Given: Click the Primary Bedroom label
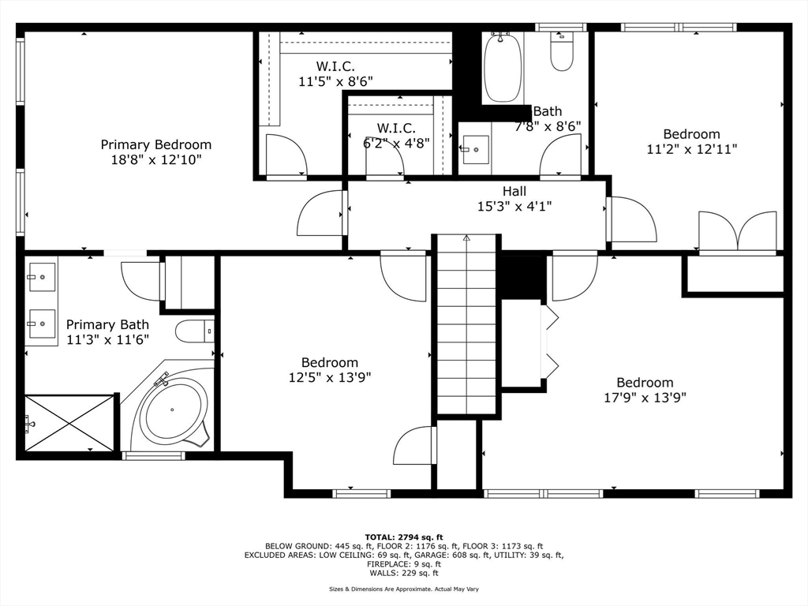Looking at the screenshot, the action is (x=155, y=145).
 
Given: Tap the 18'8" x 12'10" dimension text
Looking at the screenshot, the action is (x=155, y=159).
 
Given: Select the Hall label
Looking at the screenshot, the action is (x=514, y=191).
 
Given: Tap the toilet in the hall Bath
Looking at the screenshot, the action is (x=561, y=50).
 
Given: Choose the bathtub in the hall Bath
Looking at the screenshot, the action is (x=502, y=68).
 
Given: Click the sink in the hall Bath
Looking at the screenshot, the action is (x=475, y=149).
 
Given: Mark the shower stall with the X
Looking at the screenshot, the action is (x=69, y=423).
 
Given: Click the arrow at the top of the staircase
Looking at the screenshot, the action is (x=467, y=238).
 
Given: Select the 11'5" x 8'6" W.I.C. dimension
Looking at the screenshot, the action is (x=335, y=81).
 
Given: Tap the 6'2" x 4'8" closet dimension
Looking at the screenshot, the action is (x=396, y=143).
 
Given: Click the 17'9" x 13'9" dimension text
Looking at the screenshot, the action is (x=645, y=398).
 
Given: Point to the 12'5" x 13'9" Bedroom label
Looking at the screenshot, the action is (x=330, y=363).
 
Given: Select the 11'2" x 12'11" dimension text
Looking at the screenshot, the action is (x=691, y=149).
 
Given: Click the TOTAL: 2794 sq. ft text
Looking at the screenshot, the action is (x=404, y=537).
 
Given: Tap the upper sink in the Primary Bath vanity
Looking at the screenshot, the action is (x=41, y=277).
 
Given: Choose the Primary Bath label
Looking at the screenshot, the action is (x=107, y=324).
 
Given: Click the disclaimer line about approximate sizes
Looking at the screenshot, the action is (x=404, y=589).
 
